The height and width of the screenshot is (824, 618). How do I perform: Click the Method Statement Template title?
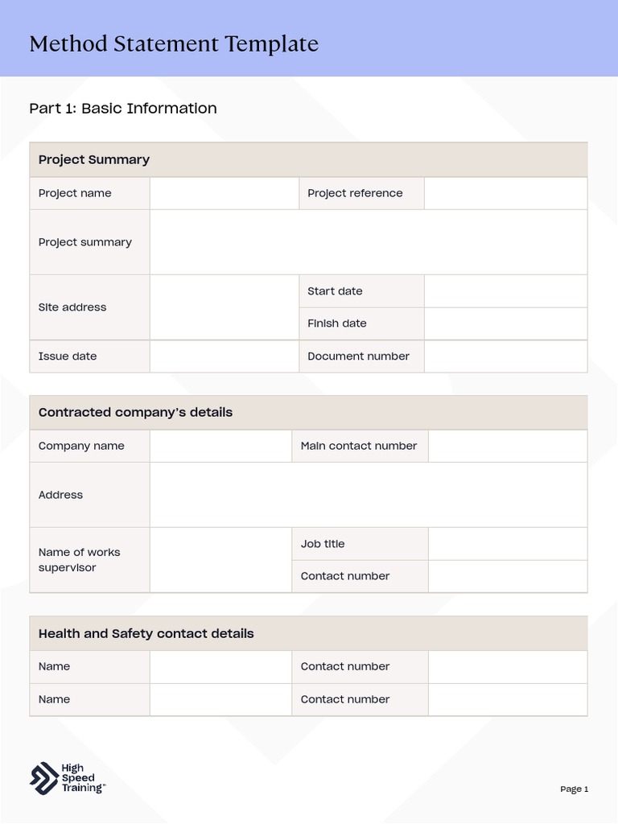click(x=174, y=43)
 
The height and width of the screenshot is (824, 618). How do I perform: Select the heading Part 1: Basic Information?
click(x=123, y=108)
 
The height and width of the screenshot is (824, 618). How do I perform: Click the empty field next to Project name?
click(x=224, y=193)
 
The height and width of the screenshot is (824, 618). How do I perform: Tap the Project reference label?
click(x=355, y=193)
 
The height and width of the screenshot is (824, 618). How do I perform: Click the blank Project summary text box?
click(x=368, y=242)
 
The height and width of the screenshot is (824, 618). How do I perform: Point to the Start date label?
click(x=335, y=291)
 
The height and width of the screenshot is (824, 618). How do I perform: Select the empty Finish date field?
click(x=505, y=323)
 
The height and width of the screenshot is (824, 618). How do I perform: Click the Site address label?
click(x=72, y=307)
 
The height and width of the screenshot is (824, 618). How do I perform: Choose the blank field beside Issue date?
click(x=224, y=356)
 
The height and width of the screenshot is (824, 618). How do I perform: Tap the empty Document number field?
click(x=505, y=356)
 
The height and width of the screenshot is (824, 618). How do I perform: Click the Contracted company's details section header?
click(x=135, y=412)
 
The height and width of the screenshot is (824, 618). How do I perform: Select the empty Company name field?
click(x=220, y=446)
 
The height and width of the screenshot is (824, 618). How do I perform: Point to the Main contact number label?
click(x=359, y=446)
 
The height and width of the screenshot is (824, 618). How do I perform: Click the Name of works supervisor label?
click(x=79, y=560)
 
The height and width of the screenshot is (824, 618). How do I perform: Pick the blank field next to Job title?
click(x=507, y=544)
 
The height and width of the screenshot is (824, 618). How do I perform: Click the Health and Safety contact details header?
click(x=146, y=633)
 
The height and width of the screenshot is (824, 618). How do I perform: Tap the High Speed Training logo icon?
click(x=43, y=778)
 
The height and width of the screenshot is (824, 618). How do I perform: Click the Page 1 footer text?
click(x=575, y=789)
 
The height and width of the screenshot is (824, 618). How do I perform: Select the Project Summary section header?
click(x=94, y=159)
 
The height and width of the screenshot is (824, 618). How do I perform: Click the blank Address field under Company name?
click(x=368, y=495)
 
